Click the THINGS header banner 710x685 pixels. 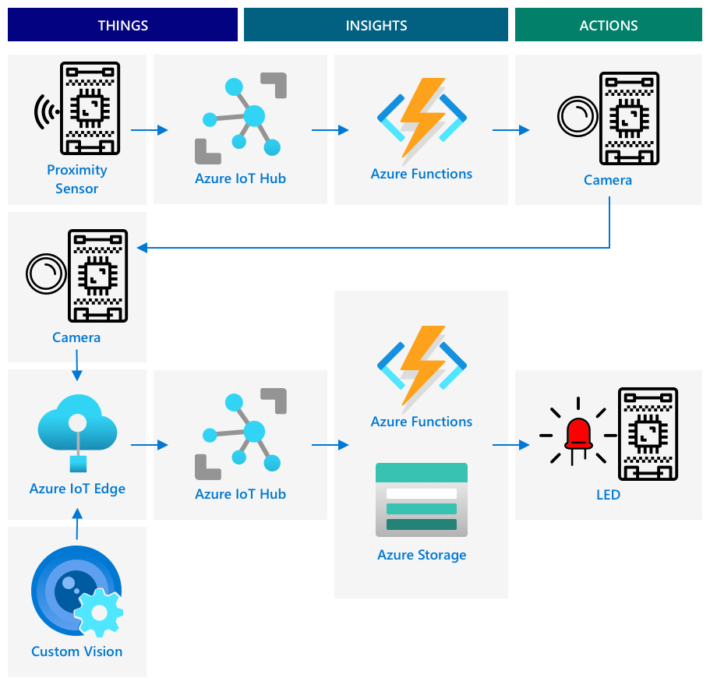pos(122,25)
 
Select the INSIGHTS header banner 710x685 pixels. pos(376,25)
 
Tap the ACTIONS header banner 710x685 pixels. pos(609,25)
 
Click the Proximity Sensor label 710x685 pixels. pos(76,179)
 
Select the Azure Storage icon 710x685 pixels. pos(422,500)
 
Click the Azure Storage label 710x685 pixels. pos(422,555)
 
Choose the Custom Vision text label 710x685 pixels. pos(76,651)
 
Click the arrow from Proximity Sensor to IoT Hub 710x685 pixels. pos(150,130)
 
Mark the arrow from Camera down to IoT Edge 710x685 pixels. pos(77,365)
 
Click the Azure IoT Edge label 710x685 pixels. pos(77,489)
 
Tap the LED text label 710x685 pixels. pos(608,495)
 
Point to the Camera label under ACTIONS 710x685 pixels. pos(608,180)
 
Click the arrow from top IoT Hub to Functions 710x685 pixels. pos(330,130)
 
